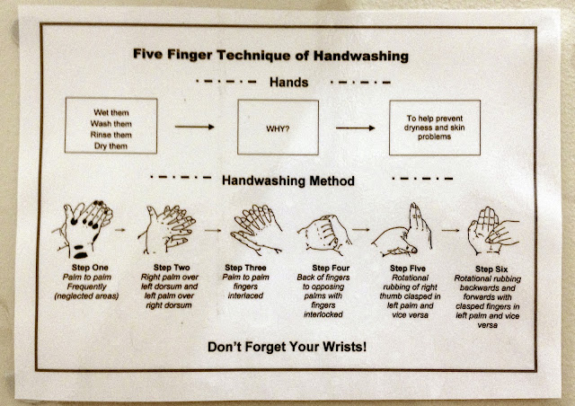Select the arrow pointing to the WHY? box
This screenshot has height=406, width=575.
click(195, 127)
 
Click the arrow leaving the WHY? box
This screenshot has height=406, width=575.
click(356, 128)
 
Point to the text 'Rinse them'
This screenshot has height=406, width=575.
click(111, 135)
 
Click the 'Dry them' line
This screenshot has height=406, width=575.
click(111, 146)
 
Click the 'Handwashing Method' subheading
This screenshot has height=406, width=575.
click(288, 181)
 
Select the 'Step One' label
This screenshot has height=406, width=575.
click(90, 268)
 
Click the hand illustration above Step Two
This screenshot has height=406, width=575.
click(167, 229)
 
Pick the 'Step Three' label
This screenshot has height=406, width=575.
click(245, 268)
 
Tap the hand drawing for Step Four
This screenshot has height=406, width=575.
click(324, 234)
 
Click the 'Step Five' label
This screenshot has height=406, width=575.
click(408, 269)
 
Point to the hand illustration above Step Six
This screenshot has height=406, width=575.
click(493, 231)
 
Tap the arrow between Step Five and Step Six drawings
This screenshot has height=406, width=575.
click(450, 230)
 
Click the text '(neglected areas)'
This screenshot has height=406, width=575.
click(86, 296)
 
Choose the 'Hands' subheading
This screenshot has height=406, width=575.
click(289, 82)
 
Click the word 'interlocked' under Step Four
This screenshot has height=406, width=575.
click(323, 314)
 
